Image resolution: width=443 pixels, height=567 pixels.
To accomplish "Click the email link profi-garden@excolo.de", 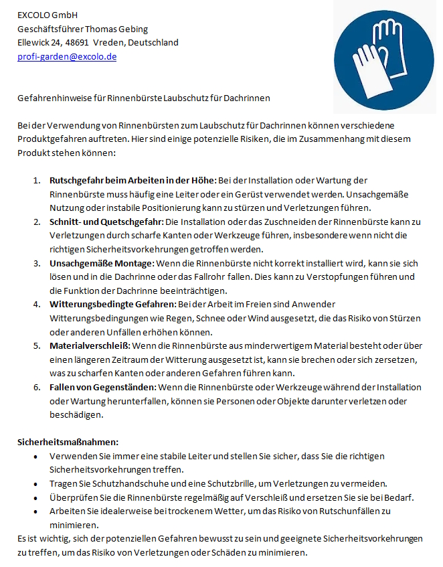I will [x=67, y=57].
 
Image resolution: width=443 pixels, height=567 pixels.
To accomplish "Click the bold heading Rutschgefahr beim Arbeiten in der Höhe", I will [x=131, y=181].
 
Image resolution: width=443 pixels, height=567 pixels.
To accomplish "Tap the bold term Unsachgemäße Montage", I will [x=102, y=262].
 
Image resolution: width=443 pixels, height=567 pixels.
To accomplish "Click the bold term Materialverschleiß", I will [x=90, y=345].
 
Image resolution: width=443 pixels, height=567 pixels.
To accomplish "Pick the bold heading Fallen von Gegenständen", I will [x=102, y=387].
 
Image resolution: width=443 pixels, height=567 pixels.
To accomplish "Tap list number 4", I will [x=37, y=304].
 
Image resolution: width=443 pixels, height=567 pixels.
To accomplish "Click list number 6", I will [x=37, y=387].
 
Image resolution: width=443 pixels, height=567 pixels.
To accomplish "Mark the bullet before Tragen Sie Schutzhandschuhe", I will [x=35, y=483].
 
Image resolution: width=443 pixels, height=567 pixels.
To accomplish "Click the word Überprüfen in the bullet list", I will [x=71, y=497].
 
